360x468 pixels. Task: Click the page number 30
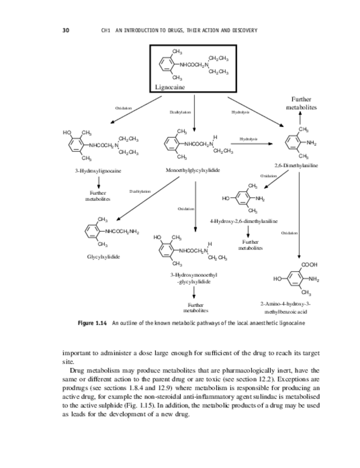[65, 30]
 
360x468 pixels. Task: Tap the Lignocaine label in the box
[170, 87]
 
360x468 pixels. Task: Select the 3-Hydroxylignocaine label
[98, 171]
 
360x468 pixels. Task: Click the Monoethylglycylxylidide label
[193, 170]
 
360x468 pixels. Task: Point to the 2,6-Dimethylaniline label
[295, 165]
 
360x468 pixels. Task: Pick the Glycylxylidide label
[103, 256]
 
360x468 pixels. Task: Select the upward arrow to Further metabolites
[300, 118]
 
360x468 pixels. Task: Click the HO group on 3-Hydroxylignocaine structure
[67, 132]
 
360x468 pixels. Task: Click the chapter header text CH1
[106, 30]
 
